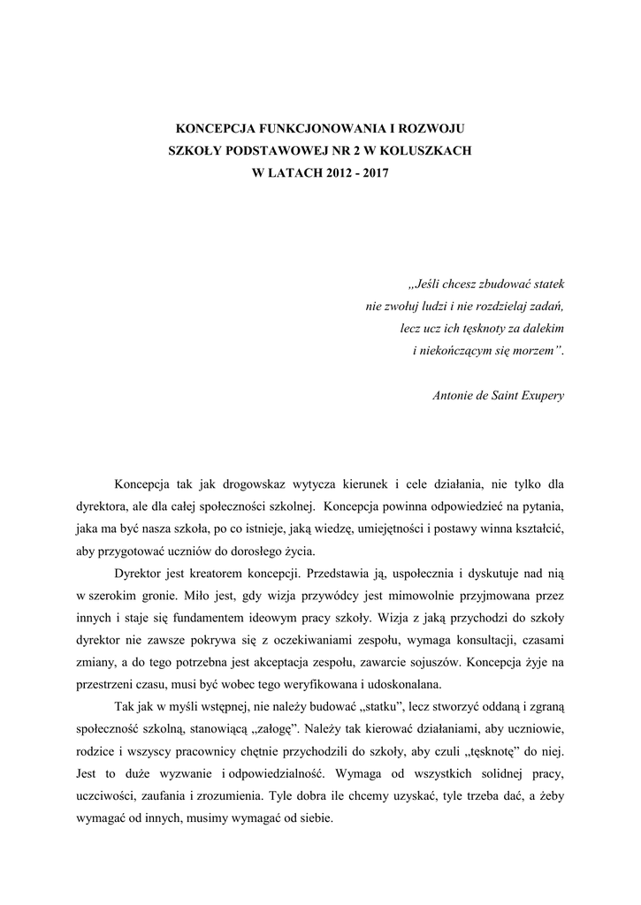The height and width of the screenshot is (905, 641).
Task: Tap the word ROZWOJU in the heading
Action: click(439, 129)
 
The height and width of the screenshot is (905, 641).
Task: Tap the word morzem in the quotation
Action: click(533, 351)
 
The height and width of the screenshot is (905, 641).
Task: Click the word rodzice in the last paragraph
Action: click(97, 751)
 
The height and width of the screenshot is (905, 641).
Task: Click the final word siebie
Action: click(315, 818)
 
